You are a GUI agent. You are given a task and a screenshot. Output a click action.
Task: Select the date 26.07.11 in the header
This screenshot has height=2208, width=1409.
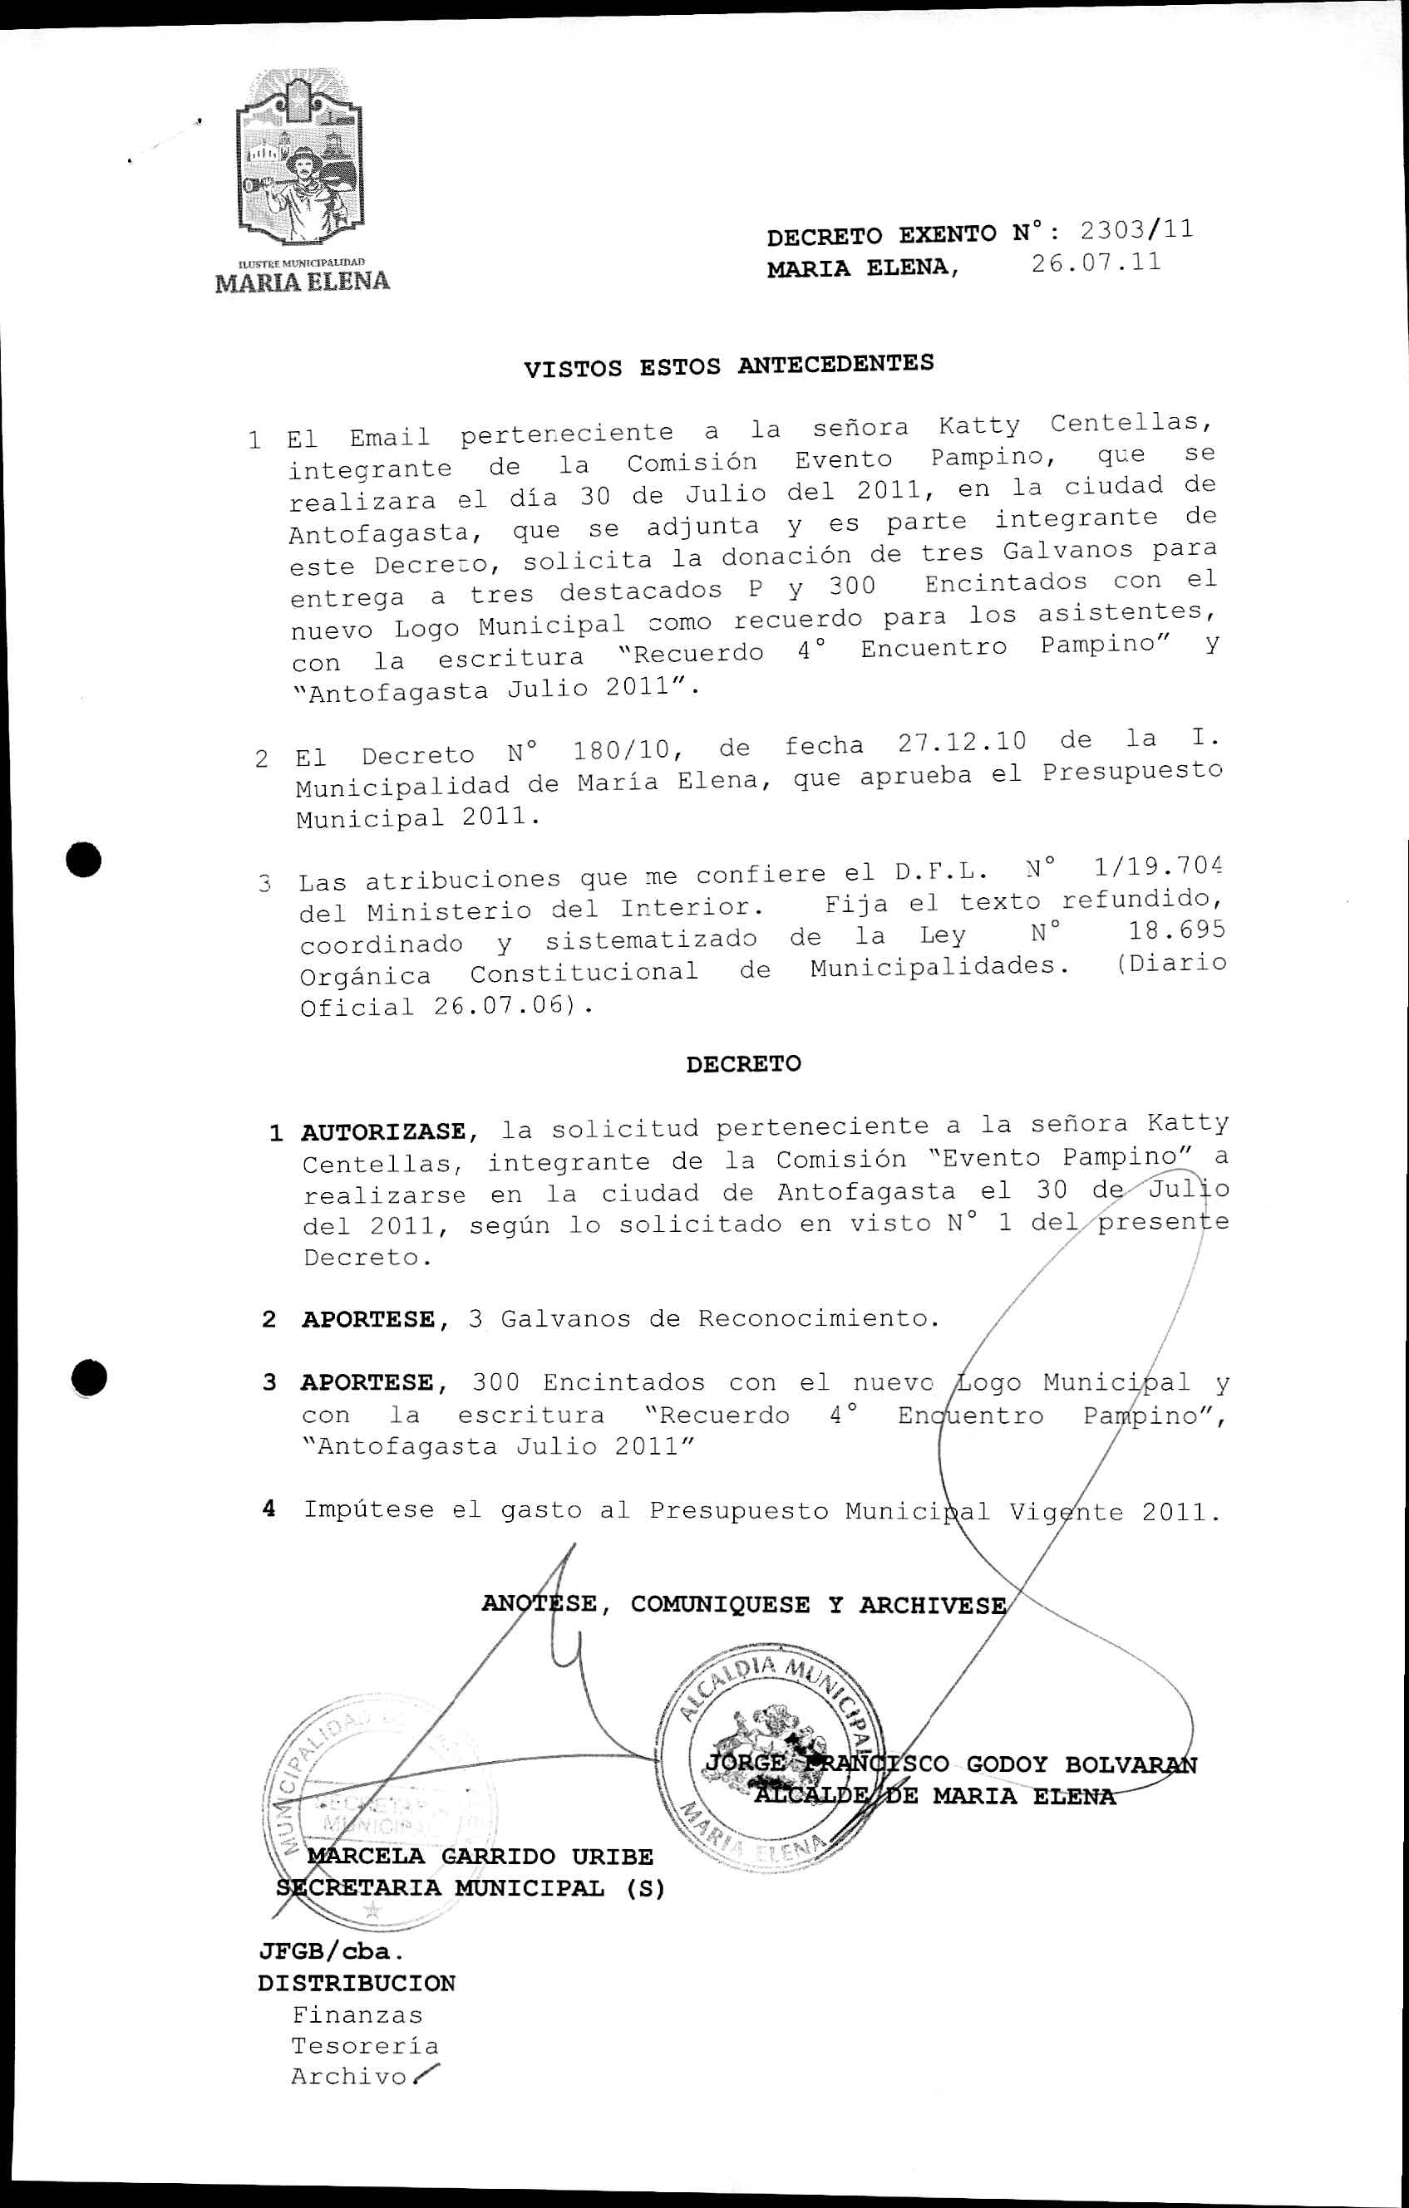pyautogui.click(x=1096, y=264)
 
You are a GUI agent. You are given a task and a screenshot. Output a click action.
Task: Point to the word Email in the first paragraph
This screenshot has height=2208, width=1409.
pyautogui.click(x=389, y=438)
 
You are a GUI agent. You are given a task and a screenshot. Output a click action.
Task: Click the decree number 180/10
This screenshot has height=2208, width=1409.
pyautogui.click(x=623, y=752)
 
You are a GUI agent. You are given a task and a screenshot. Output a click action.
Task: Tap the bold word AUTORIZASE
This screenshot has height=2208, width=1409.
pyautogui.click(x=383, y=1131)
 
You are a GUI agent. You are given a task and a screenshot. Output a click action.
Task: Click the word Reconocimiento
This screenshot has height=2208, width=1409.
pyautogui.click(x=818, y=1318)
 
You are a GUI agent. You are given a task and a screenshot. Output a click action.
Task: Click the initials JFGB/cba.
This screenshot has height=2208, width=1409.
pyautogui.click(x=331, y=1950)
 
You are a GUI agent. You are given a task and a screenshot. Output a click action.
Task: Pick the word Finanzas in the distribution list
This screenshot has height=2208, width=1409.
pyautogui.click(x=357, y=2014)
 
